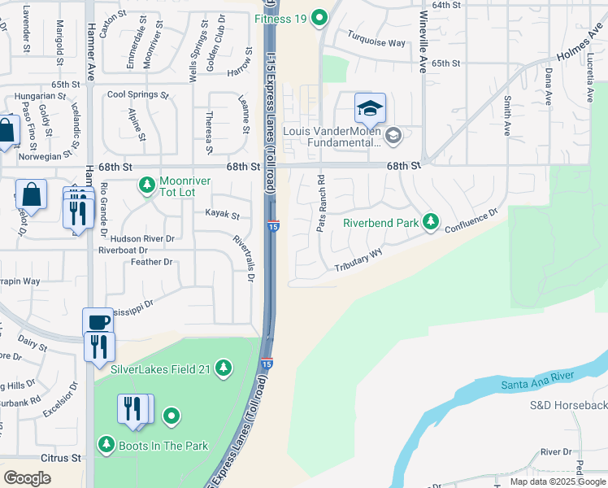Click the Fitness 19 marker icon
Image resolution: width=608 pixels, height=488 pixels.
320,16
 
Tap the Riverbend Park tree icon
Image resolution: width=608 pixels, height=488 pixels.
431,222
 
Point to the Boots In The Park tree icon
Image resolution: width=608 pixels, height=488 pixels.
106,445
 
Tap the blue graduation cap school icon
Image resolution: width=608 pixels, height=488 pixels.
370,109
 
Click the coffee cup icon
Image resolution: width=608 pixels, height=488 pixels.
98,321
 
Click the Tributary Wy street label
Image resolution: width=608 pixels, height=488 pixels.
358,261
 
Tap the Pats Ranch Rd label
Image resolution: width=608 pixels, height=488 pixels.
321,203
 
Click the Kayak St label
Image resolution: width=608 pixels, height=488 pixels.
222,216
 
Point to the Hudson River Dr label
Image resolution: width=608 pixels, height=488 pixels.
142,239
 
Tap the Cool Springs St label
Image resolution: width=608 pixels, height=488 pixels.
137,94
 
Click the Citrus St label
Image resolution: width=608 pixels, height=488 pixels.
65,458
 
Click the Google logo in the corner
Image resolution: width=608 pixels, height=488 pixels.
27,478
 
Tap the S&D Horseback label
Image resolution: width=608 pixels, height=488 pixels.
568,405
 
